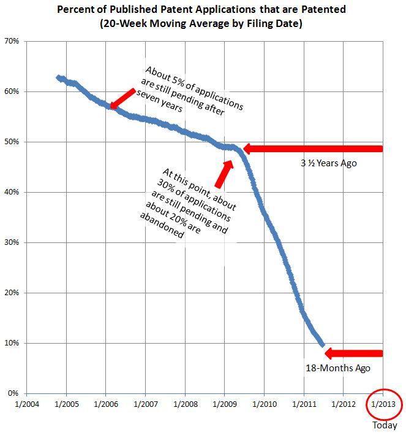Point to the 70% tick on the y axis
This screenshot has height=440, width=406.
click(x=13, y=41)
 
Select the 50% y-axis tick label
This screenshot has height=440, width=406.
click(x=13, y=142)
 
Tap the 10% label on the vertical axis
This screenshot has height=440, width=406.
click(x=13, y=343)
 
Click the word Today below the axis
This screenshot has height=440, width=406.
click(x=384, y=425)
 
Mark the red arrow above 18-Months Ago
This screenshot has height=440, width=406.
click(x=353, y=353)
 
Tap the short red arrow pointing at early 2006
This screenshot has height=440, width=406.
click(x=122, y=98)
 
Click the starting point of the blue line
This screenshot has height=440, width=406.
click(x=58, y=78)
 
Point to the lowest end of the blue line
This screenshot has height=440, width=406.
click(x=322, y=345)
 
